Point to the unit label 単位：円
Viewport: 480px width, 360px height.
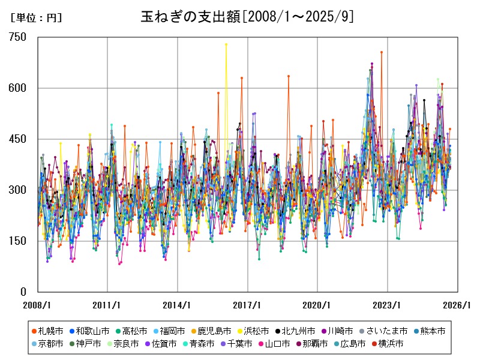click(x=36, y=18)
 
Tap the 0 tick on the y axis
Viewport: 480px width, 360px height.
click(x=23, y=292)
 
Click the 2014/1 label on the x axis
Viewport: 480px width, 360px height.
click(x=177, y=304)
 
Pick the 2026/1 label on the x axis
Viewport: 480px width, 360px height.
click(x=457, y=304)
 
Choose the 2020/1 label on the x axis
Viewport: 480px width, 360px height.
click(x=317, y=304)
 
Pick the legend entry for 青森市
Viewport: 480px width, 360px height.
click(x=214, y=344)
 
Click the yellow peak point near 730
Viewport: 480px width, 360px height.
click(x=226, y=44)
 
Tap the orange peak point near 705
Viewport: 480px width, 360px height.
click(x=381, y=52)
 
